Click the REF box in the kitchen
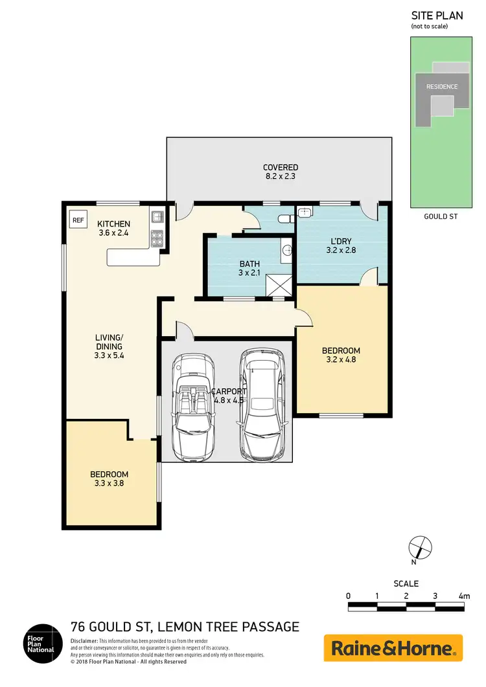tap(78, 220)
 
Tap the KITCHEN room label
tap(114, 224)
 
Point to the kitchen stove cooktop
tap(156, 238)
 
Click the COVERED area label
tap(280, 168)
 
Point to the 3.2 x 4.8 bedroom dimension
tap(341, 361)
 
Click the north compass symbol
tap(419, 548)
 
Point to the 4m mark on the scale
tap(463, 596)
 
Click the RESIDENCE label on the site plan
tap(441, 87)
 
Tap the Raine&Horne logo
tap(393, 648)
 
